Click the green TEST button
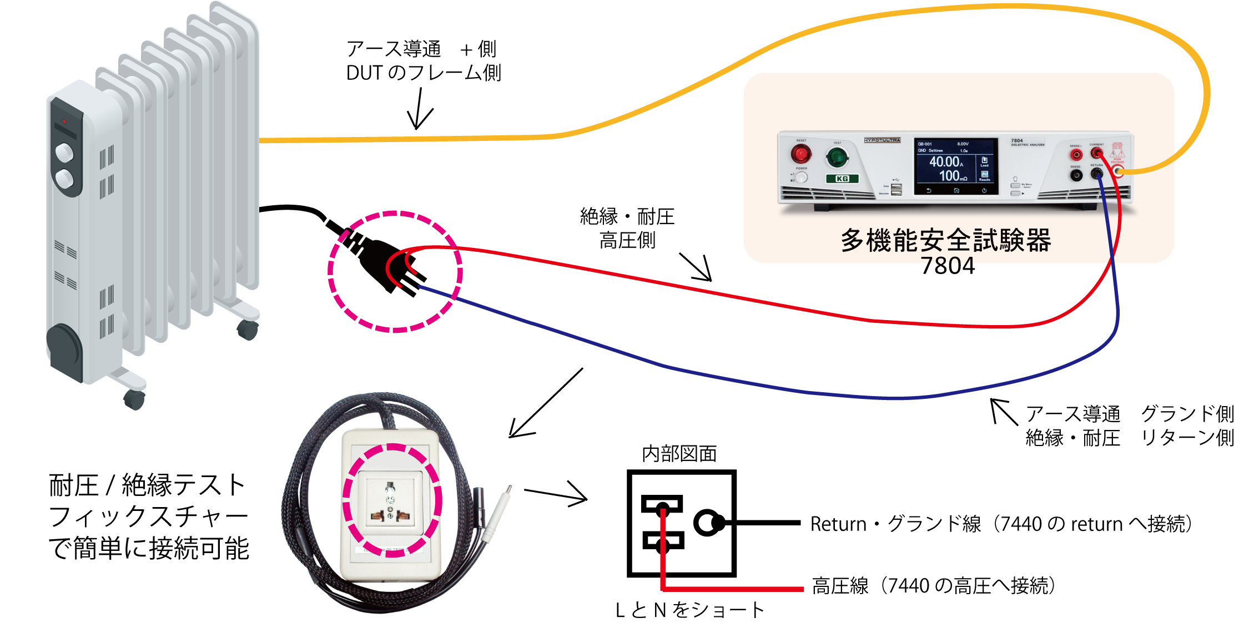(x=837, y=158)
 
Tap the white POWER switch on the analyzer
(x=801, y=178)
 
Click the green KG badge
(x=842, y=179)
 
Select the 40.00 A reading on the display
(x=945, y=161)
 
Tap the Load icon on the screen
(x=984, y=161)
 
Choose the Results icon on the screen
(x=984, y=176)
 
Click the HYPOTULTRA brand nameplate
(x=882, y=140)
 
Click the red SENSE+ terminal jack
(x=1076, y=154)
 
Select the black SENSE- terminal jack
(x=1076, y=175)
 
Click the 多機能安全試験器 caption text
(x=946, y=241)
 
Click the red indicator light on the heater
(x=64, y=121)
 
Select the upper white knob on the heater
(x=64, y=151)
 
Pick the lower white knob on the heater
(x=64, y=179)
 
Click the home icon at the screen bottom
(x=956, y=190)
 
